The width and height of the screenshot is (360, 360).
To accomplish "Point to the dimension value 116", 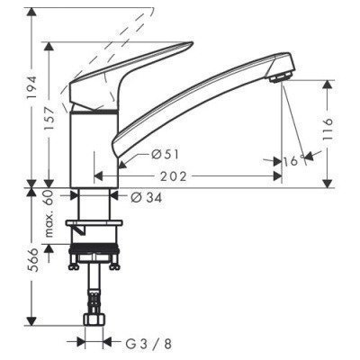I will click(330, 127).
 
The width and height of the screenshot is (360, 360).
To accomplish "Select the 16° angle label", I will click(290, 161).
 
